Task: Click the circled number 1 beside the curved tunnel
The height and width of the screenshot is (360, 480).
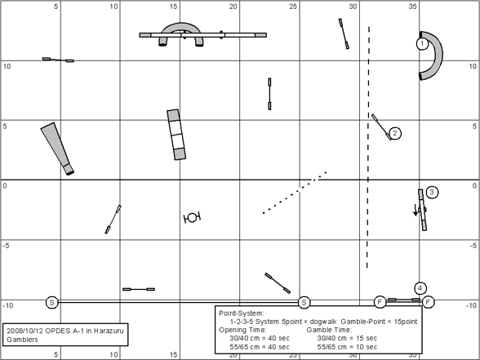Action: tap(422, 44)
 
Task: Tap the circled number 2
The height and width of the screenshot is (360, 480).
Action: tap(395, 133)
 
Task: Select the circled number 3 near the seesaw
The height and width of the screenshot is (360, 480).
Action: tap(432, 193)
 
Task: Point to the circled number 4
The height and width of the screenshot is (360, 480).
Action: tap(420, 288)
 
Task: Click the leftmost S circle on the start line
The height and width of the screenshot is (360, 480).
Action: tap(51, 302)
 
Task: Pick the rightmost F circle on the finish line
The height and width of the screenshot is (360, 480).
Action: tap(429, 302)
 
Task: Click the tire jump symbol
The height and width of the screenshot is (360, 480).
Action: tap(192, 218)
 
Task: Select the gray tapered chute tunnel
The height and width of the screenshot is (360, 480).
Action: tap(57, 149)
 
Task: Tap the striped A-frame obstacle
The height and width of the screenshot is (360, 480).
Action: tap(176, 135)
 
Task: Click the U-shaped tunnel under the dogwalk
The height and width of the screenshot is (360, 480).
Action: tap(181, 26)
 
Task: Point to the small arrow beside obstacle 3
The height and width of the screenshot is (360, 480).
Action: tap(416, 211)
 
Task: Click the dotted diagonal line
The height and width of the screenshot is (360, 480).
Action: tap(296, 193)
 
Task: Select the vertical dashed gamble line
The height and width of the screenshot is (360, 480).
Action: tap(368, 148)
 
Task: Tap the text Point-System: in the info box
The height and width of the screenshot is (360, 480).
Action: tap(242, 313)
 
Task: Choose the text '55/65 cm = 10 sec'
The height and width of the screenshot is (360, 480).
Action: tap(347, 347)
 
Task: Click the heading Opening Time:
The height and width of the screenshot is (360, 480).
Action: tap(242, 330)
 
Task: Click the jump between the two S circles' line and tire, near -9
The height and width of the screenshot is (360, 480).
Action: tap(139, 289)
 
